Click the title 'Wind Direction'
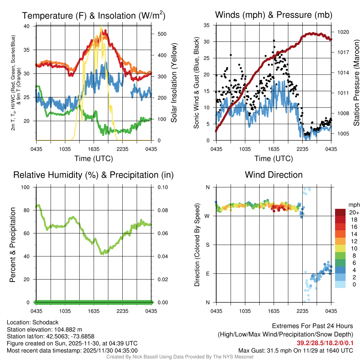[x=274, y=175]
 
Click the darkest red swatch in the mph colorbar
[x=340, y=212]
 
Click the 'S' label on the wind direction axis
[x=207, y=245]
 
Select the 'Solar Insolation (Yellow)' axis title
[x=174, y=83]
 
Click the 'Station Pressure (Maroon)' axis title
[x=356, y=83]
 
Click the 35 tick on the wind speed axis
[x=207, y=25]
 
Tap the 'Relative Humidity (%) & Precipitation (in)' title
[x=93, y=175]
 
